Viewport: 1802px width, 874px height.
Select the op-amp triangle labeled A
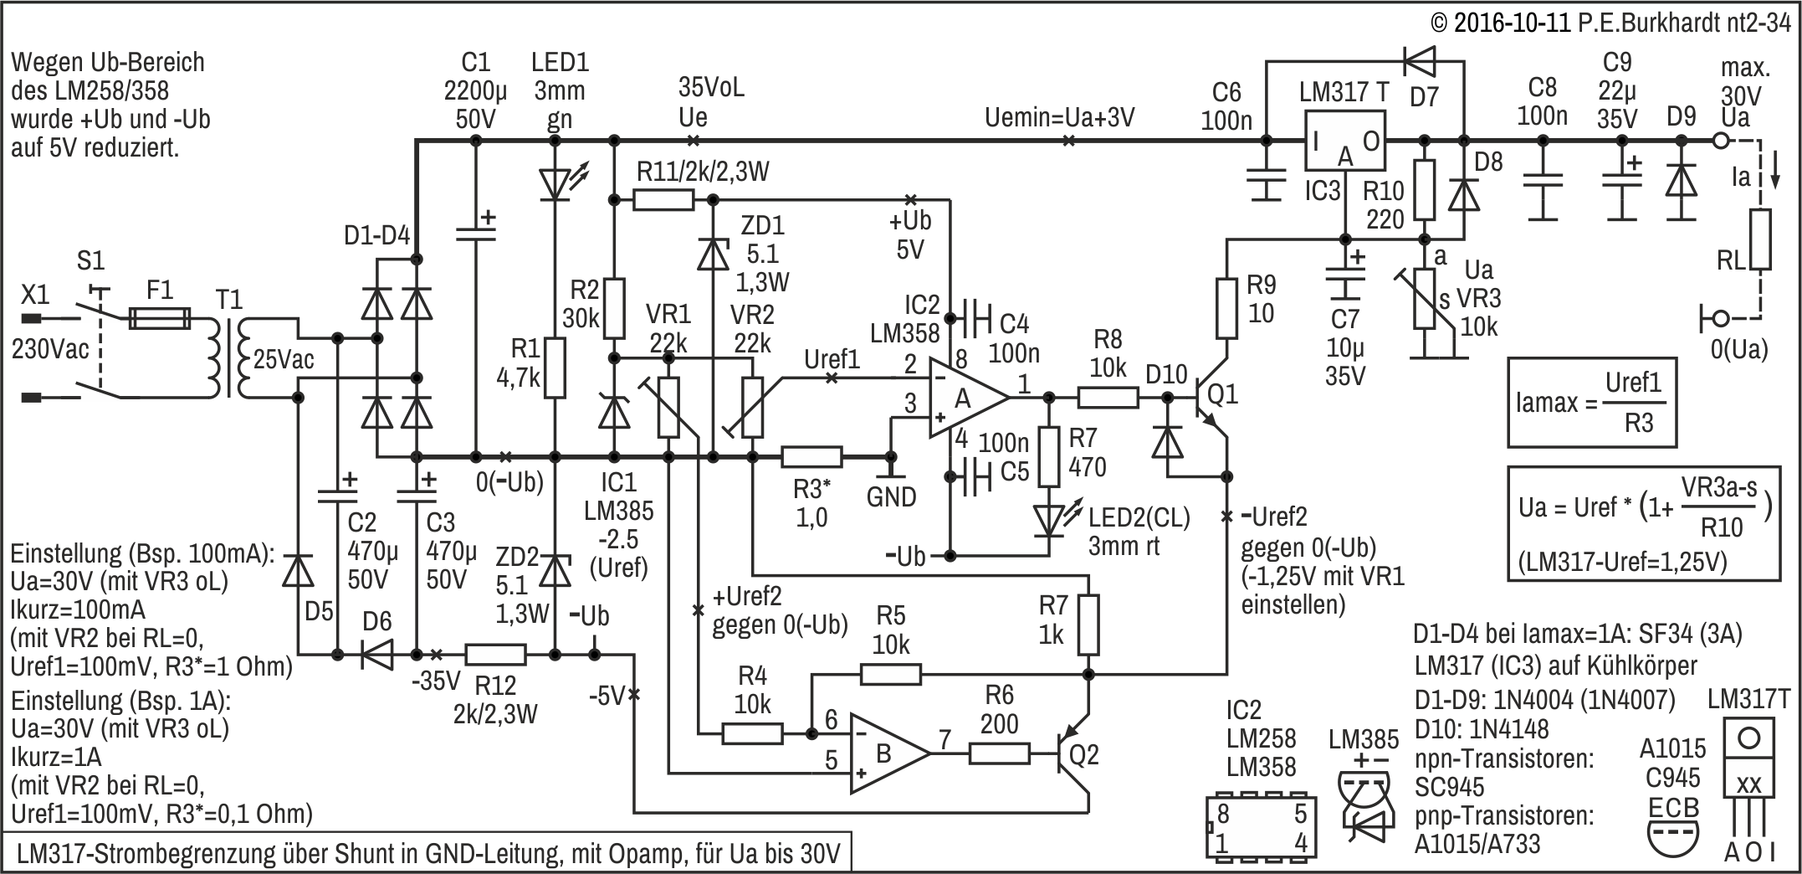[966, 399]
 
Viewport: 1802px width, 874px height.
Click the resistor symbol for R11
[663, 199]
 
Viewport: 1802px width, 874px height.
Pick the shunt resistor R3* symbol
[811, 456]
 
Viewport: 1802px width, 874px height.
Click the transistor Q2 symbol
[1075, 756]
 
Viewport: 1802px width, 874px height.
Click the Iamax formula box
[1592, 403]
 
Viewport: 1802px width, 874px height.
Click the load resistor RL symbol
[1760, 239]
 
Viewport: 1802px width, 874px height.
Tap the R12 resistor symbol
[495, 654]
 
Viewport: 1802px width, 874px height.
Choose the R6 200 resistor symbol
[999, 754]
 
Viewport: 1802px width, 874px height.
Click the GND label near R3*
[891, 497]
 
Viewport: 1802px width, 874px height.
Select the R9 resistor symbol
[1226, 308]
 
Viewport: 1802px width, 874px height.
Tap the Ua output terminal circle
[1720, 141]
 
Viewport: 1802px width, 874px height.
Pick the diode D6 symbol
[376, 654]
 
